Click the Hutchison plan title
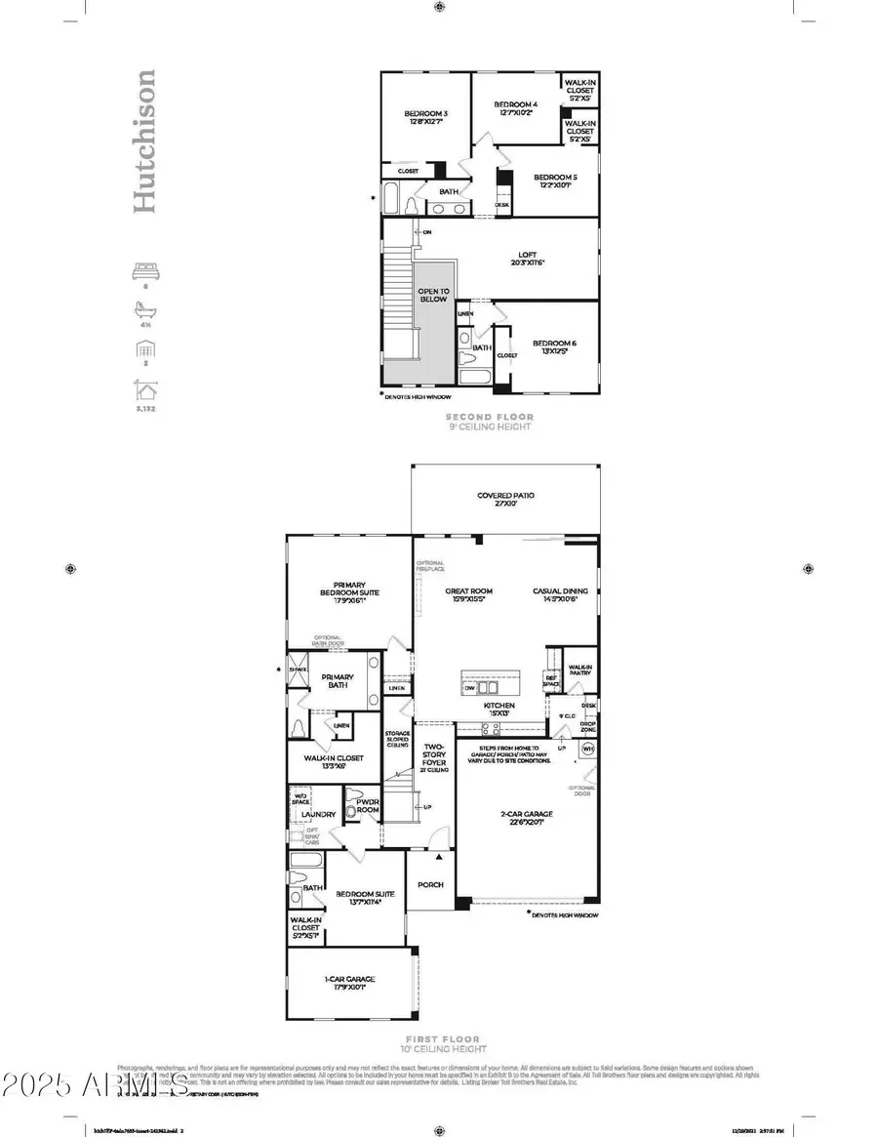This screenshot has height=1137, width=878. [143, 141]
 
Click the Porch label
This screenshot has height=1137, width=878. [430, 884]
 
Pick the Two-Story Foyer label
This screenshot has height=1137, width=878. [434, 756]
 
